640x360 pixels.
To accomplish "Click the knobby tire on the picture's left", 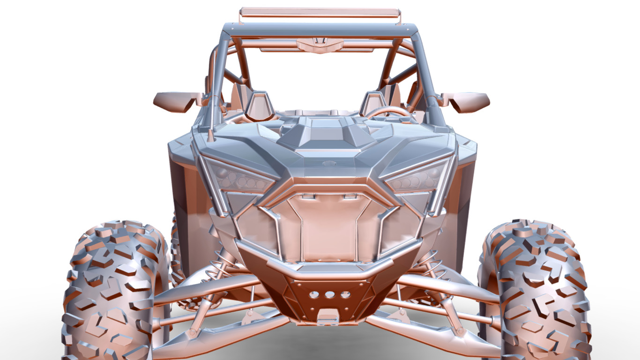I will tap(112, 291).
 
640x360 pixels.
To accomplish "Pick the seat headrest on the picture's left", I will tap(259, 105).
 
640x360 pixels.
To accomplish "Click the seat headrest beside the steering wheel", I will tap(373, 104).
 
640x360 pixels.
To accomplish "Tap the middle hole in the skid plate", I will tap(330, 295).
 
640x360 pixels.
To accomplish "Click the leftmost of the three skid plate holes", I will tap(314, 295).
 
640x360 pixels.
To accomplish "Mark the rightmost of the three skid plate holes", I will tap(345, 295).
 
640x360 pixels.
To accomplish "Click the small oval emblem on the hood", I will tap(329, 164).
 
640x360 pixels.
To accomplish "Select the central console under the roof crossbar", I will tap(320, 45).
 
